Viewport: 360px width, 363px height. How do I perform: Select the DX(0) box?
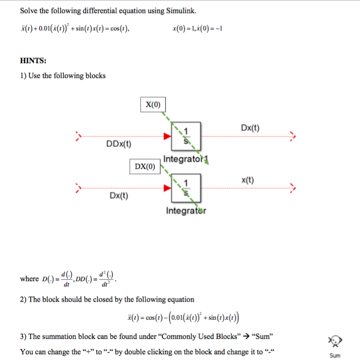(x=145, y=166)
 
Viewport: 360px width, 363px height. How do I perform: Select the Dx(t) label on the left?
(x=119, y=196)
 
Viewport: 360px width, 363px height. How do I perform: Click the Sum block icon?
(x=335, y=341)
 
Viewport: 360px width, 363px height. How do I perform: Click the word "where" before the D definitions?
(x=29, y=279)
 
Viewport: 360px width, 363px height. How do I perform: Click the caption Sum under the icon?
(x=335, y=356)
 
